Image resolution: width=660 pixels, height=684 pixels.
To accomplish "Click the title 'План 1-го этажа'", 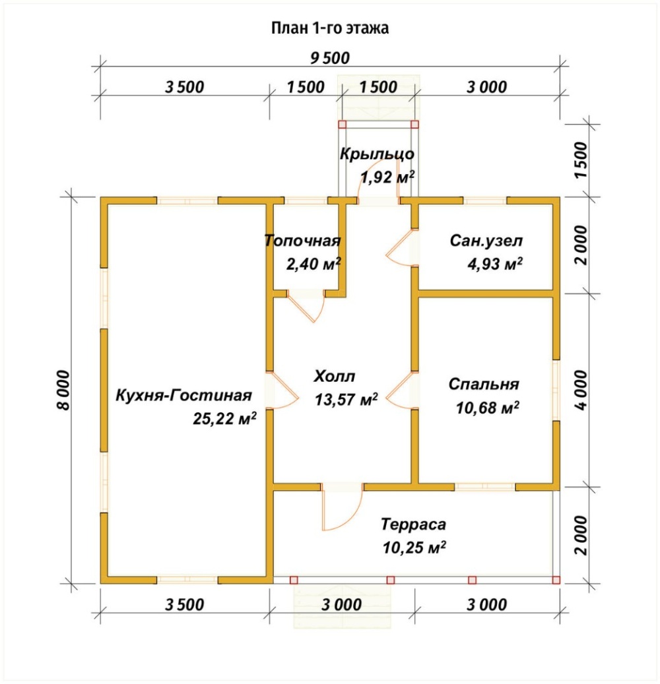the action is [330, 28].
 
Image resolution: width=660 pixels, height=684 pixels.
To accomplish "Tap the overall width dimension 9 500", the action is [330, 58].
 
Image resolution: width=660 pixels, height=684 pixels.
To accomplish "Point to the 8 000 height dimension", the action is [63, 390].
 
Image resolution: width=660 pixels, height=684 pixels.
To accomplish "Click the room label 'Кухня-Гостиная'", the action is [183, 396].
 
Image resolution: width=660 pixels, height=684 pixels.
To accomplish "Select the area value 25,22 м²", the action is [224, 418].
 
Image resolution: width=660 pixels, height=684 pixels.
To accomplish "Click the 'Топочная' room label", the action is [302, 241].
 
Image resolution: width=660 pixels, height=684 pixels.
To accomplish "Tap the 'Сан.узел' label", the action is [486, 241].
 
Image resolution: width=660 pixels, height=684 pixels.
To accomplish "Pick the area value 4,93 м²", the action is [495, 264].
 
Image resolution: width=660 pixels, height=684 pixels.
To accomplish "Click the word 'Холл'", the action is [335, 376].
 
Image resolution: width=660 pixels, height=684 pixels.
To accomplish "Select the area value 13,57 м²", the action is [346, 399].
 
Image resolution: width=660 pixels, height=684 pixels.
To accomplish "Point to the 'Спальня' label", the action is [484, 385].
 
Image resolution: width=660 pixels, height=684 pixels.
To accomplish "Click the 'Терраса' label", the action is [413, 524].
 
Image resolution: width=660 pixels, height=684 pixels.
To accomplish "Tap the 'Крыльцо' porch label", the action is [377, 154].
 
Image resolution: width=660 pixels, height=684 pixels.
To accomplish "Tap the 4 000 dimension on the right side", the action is [582, 390].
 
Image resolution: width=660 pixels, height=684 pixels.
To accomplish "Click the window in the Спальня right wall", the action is [556, 390].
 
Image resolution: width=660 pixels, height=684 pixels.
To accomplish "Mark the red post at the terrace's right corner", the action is [556, 580].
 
